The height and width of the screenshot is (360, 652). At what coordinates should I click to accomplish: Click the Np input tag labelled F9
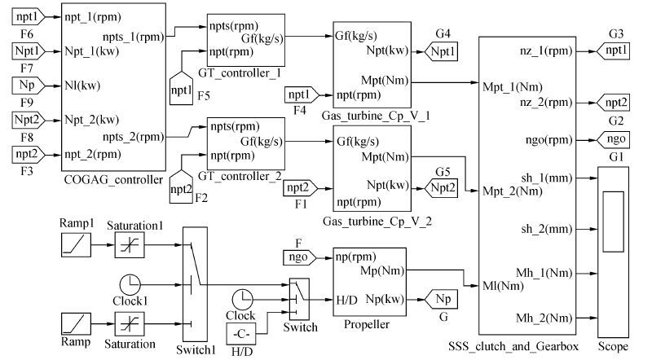[25, 85]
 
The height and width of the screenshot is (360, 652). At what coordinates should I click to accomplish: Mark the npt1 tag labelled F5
[183, 86]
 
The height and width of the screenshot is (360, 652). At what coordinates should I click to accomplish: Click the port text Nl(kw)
[87, 85]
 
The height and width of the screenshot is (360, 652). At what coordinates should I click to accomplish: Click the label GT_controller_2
[245, 175]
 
